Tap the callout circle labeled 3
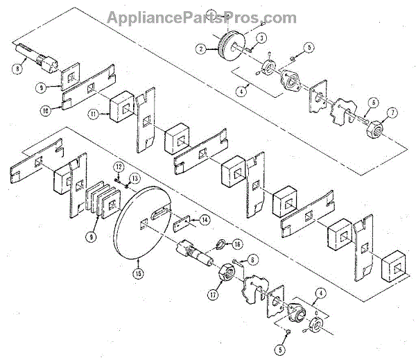261,37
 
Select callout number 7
392,112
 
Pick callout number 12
119,168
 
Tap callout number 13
136,177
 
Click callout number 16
237,244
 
